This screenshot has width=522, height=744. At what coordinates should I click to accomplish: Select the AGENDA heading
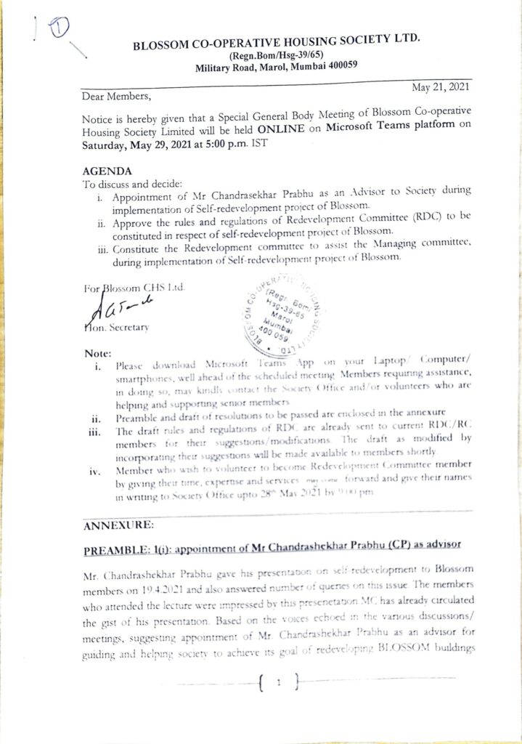108,171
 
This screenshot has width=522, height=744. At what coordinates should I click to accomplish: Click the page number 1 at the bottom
277,683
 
